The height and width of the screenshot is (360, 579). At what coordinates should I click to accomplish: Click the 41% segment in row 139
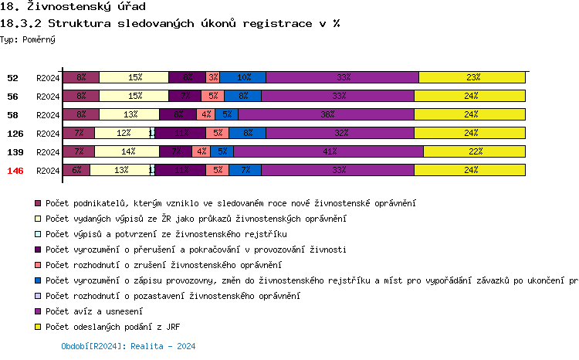329,151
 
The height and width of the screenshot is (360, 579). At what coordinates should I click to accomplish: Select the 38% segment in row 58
327,114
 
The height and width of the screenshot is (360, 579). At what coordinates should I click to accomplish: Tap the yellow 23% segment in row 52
472,77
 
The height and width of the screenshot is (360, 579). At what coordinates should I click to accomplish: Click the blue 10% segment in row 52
243,77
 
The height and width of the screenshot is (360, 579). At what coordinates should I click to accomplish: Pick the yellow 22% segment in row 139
475,151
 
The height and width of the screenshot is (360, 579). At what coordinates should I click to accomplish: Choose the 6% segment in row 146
76,170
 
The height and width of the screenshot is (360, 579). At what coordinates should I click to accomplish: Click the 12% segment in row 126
123,133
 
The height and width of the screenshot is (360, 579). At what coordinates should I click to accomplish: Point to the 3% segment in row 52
213,77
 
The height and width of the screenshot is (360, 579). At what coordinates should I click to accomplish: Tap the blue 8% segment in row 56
242,96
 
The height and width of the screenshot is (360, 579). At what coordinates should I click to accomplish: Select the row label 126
15,134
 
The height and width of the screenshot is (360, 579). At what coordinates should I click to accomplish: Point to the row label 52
13,78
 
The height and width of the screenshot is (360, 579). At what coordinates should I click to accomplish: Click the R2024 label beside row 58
48,115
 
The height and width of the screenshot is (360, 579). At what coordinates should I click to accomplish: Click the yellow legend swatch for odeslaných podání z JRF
38,327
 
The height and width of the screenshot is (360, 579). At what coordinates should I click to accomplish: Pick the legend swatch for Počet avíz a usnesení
38,311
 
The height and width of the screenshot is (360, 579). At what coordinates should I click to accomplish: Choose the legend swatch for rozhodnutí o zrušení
38,265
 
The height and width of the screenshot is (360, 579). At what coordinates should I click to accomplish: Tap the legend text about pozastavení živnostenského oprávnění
172,296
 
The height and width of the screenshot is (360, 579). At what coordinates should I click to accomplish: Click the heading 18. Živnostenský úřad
68,7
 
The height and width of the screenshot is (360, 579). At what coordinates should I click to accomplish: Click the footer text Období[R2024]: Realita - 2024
128,347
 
